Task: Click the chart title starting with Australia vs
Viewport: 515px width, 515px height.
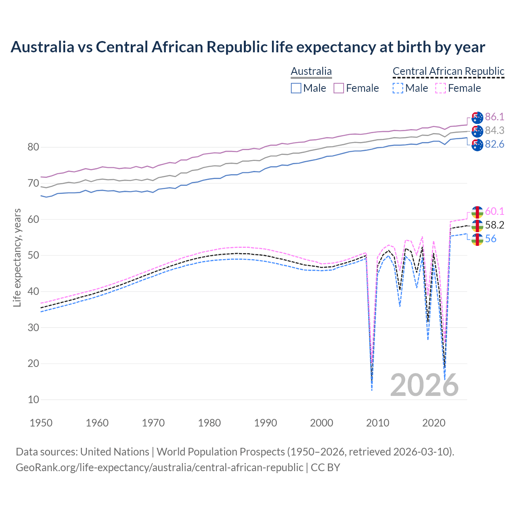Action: pyautogui.click(x=248, y=47)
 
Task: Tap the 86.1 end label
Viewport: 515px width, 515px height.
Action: pyautogui.click(x=494, y=117)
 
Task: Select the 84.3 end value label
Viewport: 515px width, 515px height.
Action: pyautogui.click(x=494, y=130)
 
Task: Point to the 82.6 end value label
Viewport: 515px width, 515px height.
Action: pyautogui.click(x=494, y=144)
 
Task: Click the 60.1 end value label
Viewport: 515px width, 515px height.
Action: pyautogui.click(x=494, y=211)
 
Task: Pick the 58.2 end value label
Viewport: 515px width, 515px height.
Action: pyautogui.click(x=494, y=225)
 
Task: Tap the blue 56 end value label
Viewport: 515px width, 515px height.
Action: pyautogui.click(x=490, y=239)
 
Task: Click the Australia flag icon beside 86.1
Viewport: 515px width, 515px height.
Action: pyautogui.click(x=477, y=117)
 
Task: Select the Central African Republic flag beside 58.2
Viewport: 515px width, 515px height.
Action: pyautogui.click(x=477, y=225)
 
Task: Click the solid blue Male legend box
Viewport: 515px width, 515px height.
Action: pyautogui.click(x=296, y=88)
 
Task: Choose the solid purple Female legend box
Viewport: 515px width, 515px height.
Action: pyautogui.click(x=339, y=88)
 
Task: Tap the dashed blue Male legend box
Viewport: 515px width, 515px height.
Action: pyautogui.click(x=398, y=88)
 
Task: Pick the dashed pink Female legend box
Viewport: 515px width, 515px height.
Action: pyautogui.click(x=441, y=88)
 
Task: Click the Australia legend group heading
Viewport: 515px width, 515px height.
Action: pyautogui.click(x=311, y=71)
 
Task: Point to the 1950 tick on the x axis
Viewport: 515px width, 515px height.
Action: pyautogui.click(x=41, y=423)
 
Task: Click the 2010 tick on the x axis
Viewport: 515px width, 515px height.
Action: pyautogui.click(x=378, y=423)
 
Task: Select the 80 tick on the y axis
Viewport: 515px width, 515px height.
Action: pyautogui.click(x=33, y=147)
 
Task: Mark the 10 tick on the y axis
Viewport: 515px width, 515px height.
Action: pyautogui.click(x=33, y=400)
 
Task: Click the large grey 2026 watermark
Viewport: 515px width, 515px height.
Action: pyautogui.click(x=424, y=385)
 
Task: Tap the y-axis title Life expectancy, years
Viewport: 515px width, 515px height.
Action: pyautogui.click(x=17, y=257)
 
